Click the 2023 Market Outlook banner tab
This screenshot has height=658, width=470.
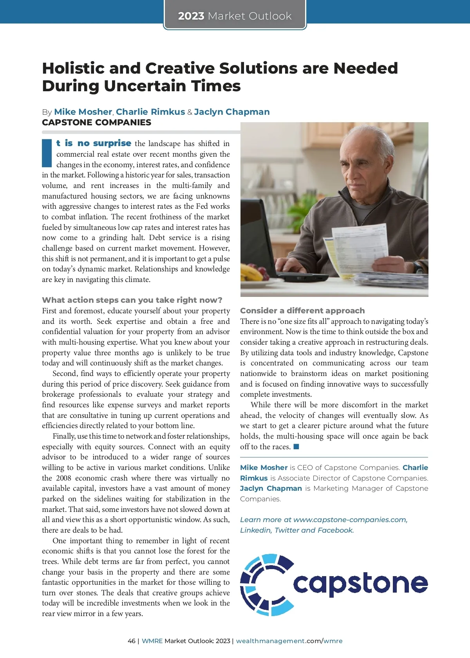[x=235, y=16]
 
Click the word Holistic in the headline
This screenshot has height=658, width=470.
[x=73, y=68]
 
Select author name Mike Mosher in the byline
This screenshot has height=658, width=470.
[x=83, y=112]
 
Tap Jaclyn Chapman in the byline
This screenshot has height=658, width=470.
[x=232, y=112]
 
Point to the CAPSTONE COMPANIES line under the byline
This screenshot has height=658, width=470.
[x=96, y=122]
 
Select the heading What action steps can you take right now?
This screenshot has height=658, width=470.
[x=132, y=300]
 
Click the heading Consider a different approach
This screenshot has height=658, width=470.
[x=302, y=311]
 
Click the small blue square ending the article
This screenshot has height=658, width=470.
[x=296, y=446]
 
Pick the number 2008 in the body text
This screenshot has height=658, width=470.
[x=63, y=478]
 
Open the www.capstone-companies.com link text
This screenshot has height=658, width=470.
[x=350, y=520]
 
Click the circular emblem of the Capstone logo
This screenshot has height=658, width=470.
[x=266, y=584]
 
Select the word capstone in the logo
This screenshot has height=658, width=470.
[x=360, y=584]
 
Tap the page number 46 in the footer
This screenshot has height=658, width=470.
[x=132, y=641]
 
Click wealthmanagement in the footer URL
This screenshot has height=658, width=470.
[x=270, y=641]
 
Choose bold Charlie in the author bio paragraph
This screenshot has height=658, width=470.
[x=415, y=467]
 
